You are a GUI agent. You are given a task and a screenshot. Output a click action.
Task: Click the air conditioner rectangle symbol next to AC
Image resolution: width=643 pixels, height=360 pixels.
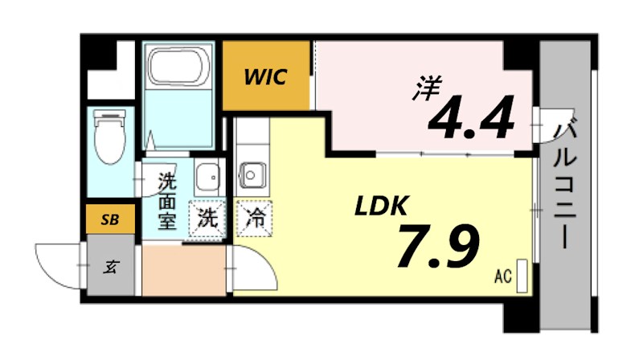click(x=522, y=275)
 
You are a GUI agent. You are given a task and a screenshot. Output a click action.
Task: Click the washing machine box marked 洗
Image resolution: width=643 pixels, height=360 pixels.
click(x=207, y=216)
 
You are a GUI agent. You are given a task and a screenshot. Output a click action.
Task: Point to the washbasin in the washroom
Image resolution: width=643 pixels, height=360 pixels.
click(x=207, y=174)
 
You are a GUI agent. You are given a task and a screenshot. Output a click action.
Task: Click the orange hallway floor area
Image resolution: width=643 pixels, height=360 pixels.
click(x=182, y=272)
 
